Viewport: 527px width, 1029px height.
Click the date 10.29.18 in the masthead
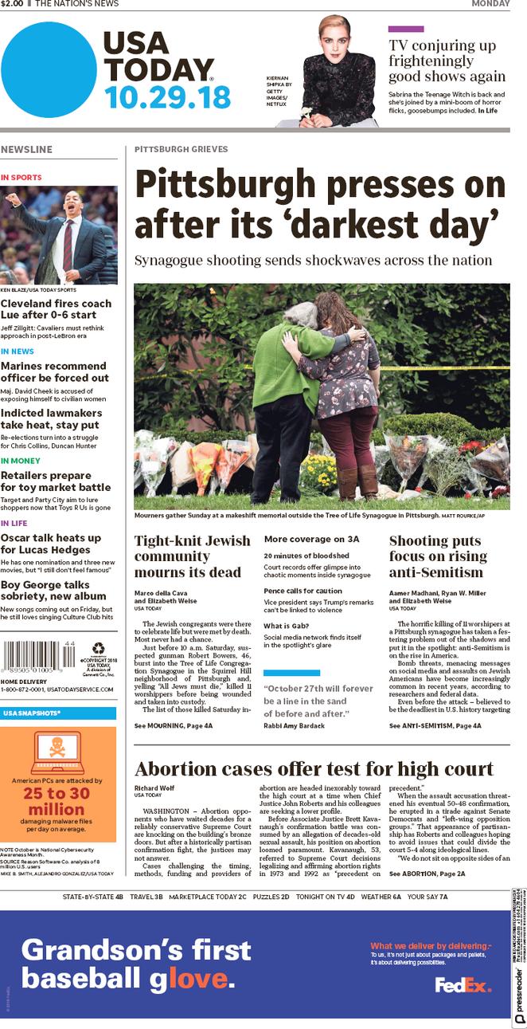click(167, 97)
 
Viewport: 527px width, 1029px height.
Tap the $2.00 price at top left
click(11, 4)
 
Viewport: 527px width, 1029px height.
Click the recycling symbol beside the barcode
click(97, 649)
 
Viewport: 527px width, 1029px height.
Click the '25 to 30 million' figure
click(57, 801)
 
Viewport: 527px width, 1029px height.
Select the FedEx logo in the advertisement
click(463, 985)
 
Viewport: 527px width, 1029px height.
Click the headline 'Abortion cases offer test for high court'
click(314, 769)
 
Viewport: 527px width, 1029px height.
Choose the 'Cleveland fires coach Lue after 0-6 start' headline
click(56, 310)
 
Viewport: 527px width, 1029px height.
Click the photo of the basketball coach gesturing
click(59, 235)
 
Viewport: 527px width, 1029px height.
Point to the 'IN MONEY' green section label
click(21, 461)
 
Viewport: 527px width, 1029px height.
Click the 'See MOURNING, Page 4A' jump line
click(174, 726)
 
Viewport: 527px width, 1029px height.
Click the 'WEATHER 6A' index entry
click(381, 897)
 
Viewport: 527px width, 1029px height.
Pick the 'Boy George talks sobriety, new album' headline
click(53, 591)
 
